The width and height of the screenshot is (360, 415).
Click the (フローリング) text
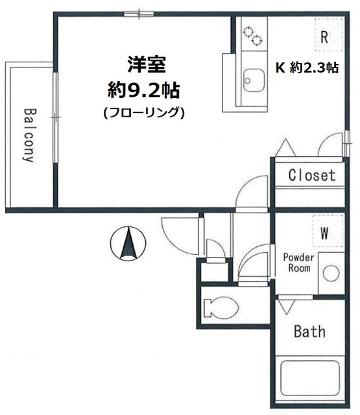(x=144, y=112)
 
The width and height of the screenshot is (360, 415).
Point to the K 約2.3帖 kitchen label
(x=308, y=67)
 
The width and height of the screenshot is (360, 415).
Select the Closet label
(x=311, y=175)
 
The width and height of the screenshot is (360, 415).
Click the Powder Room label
(x=299, y=263)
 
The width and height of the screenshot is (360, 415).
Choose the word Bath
(x=309, y=332)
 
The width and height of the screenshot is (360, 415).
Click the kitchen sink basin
(x=251, y=82)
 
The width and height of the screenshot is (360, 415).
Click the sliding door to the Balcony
(x=56, y=116)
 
